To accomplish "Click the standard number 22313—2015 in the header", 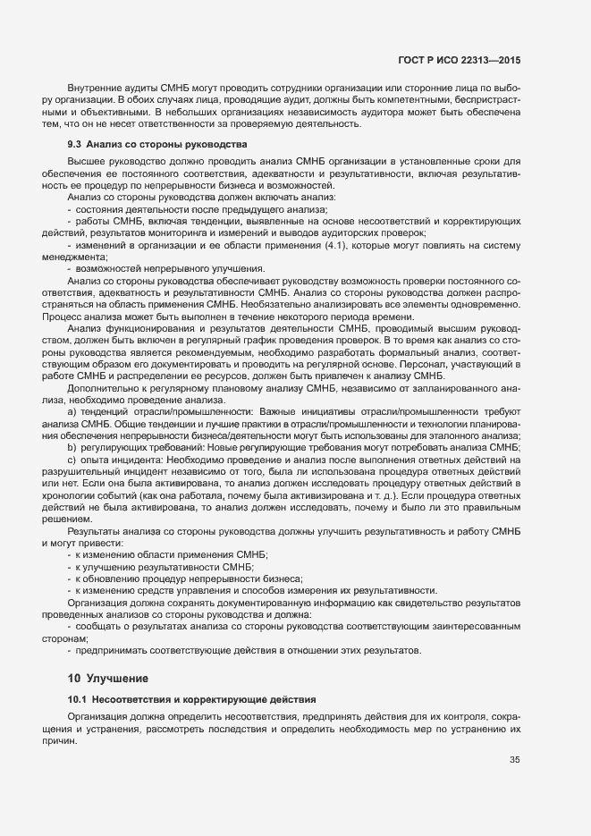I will pyautogui.click(x=491, y=59).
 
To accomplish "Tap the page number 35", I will pyautogui.click(x=514, y=761).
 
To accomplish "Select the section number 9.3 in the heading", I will pyautogui.click(x=75, y=143).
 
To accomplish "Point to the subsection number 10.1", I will pyautogui.click(x=78, y=697).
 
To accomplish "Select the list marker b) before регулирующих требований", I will pyautogui.click(x=72, y=445).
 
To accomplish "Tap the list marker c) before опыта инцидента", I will pyautogui.click(x=72, y=458).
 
